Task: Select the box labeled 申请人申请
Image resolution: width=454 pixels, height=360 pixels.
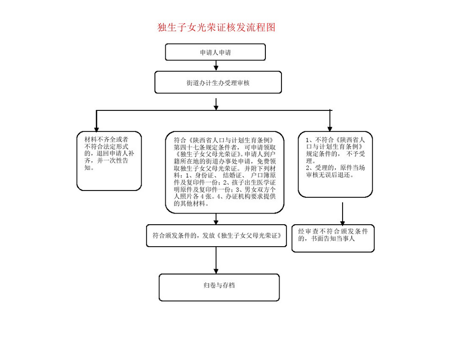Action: tap(215, 52)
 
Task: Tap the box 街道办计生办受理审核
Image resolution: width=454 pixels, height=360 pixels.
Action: tap(218, 83)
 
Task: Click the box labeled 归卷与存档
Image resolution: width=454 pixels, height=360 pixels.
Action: tap(219, 287)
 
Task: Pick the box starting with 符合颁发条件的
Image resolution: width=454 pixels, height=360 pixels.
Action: tap(216, 235)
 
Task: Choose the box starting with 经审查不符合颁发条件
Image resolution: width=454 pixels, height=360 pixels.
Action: tap(333, 237)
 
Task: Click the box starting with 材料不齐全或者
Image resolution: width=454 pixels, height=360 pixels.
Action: tap(109, 160)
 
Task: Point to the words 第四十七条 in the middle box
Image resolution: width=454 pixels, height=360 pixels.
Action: tap(190, 147)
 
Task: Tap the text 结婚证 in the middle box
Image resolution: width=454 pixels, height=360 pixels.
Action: tap(232, 175)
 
